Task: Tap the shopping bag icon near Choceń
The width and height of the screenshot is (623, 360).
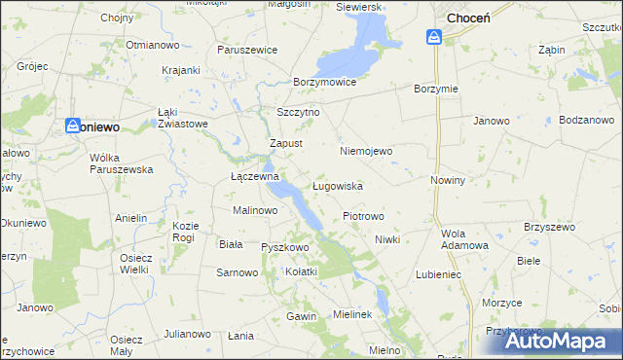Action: coord(434,37)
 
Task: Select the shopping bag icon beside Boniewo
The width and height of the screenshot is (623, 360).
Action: coord(73,126)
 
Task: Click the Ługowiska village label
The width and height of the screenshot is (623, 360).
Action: coord(338,185)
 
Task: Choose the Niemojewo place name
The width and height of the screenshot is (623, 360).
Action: coord(365,151)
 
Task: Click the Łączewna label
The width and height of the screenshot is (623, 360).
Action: coord(254,177)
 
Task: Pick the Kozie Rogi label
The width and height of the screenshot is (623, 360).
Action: coord(184,232)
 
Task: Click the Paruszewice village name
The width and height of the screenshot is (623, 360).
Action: coord(248,50)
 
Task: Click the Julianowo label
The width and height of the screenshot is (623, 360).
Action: coord(187,334)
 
